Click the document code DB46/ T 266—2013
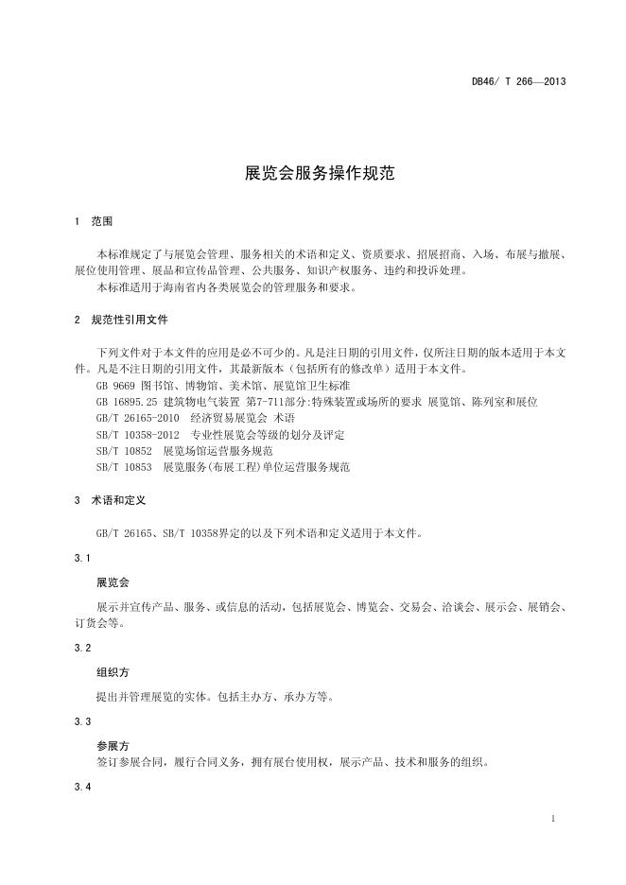pyautogui.click(x=518, y=81)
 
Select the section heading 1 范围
pyautogui.click(x=93, y=220)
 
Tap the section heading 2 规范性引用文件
pyautogui.click(x=120, y=320)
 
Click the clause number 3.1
pyautogui.click(x=82, y=558)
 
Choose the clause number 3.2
pyautogui.click(x=82, y=648)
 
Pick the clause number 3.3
pyautogui.click(x=82, y=721)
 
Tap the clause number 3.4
pyautogui.click(x=82, y=788)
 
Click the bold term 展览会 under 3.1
pyautogui.click(x=113, y=582)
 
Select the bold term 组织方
pyautogui.click(x=113, y=673)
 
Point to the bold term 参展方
pyautogui.click(x=113, y=745)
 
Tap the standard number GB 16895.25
pyautogui.click(x=129, y=402)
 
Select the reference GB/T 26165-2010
pyautogui.click(x=137, y=418)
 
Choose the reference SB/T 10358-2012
pyautogui.click(x=137, y=434)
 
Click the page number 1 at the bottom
pyautogui.click(x=552, y=816)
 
